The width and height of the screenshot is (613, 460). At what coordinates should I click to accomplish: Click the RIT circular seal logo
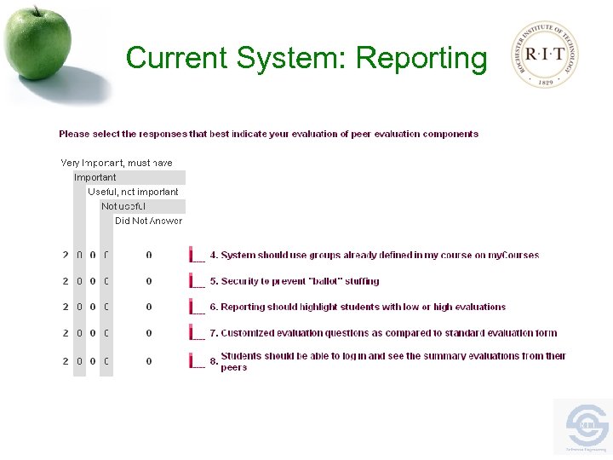pos(546,55)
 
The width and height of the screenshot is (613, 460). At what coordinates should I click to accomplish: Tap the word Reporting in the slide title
pos(421,58)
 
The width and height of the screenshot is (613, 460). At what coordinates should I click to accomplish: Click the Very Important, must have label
pos(117,163)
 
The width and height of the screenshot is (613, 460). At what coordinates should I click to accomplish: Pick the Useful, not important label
pos(133,192)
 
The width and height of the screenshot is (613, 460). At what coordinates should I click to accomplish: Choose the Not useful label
pos(123,206)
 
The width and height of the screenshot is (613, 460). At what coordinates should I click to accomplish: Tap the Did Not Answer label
pos(148,221)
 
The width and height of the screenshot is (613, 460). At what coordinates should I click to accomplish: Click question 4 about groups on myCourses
pos(375,255)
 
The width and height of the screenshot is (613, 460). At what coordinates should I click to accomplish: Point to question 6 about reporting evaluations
pos(358,307)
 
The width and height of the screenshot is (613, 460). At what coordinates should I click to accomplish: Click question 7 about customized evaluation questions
pos(383,333)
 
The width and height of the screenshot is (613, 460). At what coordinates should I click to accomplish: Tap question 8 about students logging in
pos(392,361)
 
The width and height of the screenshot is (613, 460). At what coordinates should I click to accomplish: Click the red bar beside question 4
pos(192,255)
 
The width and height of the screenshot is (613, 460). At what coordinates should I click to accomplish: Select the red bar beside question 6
pos(192,307)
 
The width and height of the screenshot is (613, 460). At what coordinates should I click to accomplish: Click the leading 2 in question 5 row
pos(66,281)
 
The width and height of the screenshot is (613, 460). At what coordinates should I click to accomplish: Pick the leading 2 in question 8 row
pos(66,361)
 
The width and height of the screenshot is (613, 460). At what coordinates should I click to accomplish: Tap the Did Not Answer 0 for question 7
pos(149,333)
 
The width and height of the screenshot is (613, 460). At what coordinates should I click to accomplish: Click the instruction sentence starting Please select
pos(268,134)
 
